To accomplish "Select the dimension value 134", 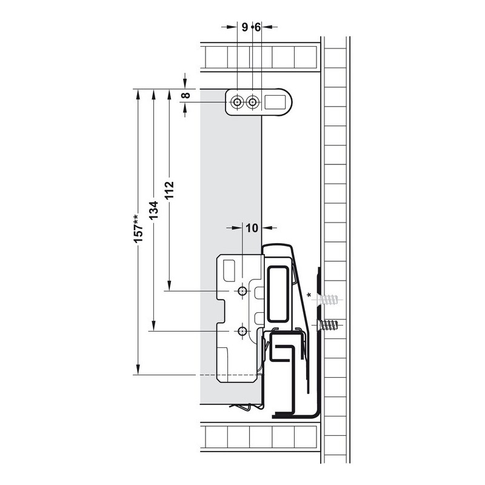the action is point(154,210).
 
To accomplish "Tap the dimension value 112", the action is point(170,190).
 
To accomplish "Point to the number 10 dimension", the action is point(252,228).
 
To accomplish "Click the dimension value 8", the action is point(186,95).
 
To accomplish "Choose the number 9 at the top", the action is point(245,27).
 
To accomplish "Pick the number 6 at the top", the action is point(258,27).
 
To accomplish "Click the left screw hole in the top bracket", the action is point(237,102).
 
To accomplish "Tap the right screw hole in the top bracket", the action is point(253,102).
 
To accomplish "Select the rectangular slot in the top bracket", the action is point(275,102).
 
